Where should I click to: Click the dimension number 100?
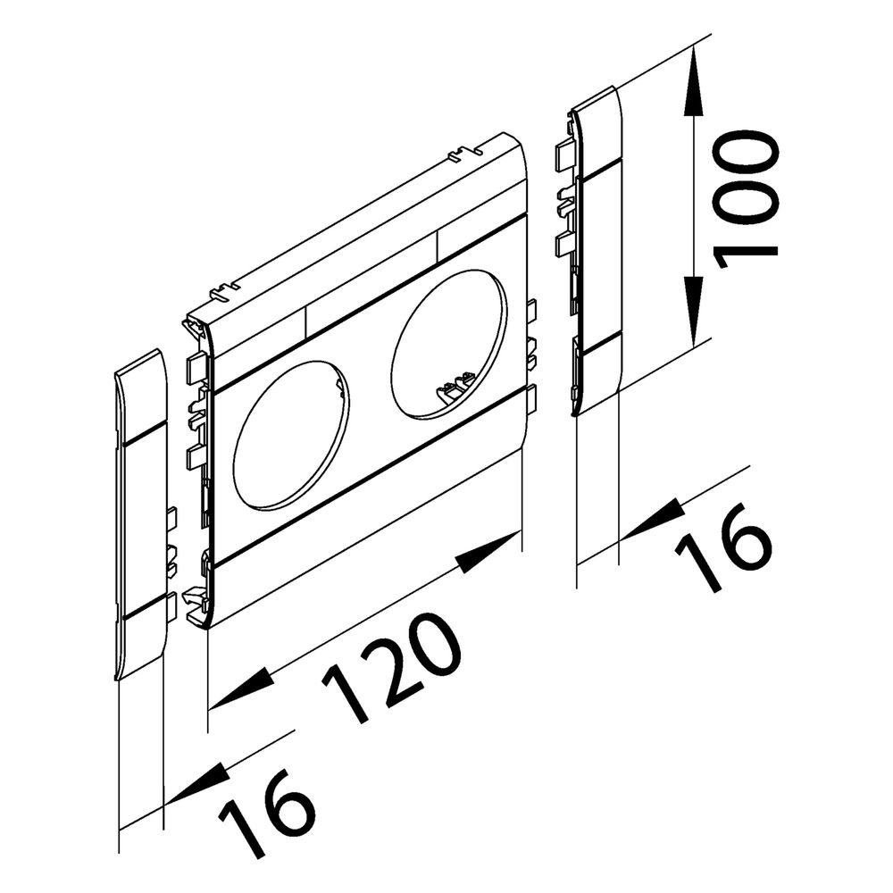point(746,199)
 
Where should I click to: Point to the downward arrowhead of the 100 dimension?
point(693,312)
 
